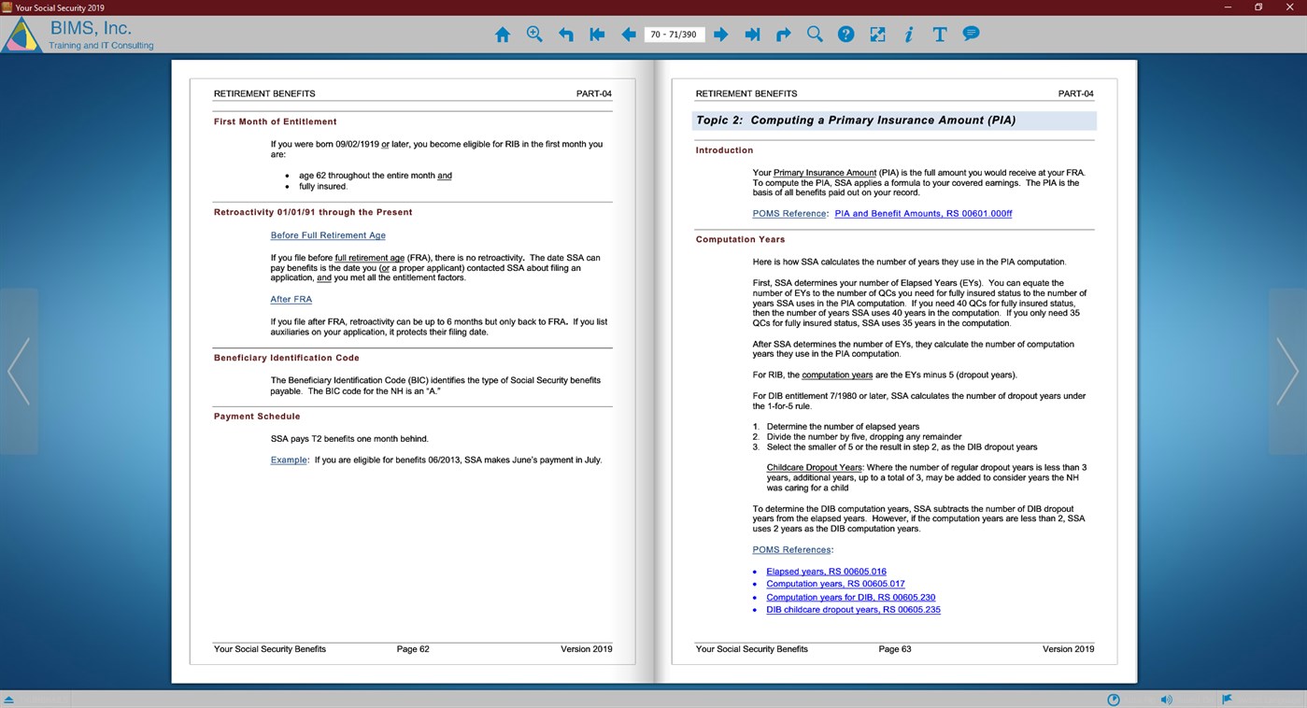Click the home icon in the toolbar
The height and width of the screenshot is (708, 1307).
503,35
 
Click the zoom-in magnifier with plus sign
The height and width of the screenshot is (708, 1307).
534,35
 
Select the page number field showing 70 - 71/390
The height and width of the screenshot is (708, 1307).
674,35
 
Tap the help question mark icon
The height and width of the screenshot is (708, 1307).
845,35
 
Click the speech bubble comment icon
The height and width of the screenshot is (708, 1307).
971,34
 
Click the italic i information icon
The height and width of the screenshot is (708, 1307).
908,35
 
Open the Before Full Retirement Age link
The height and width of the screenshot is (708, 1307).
328,235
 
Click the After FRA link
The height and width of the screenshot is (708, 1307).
291,299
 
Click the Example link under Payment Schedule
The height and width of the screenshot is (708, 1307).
289,460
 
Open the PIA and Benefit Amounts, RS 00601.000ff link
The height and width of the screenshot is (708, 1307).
923,214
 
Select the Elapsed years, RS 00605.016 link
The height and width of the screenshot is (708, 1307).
826,572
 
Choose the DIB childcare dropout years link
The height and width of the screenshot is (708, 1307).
853,610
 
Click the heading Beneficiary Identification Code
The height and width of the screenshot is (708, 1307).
286,358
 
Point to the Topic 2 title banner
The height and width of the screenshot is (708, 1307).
893,120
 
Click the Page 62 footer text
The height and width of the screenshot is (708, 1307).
412,648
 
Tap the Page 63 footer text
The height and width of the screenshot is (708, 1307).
894,648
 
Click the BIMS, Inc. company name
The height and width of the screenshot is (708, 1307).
91,28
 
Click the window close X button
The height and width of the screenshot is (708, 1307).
1291,7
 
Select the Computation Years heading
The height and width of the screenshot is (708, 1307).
740,239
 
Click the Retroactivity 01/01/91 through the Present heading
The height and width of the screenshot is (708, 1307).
312,212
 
